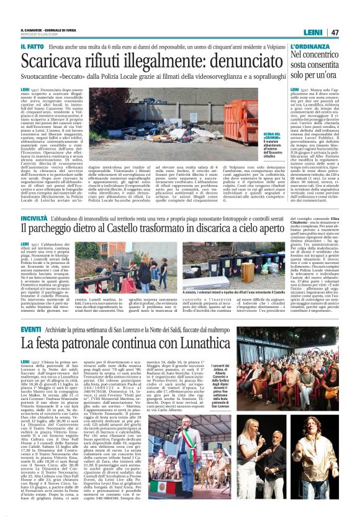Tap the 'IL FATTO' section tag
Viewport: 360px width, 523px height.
(32, 46)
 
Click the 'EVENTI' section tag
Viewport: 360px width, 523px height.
(31, 328)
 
